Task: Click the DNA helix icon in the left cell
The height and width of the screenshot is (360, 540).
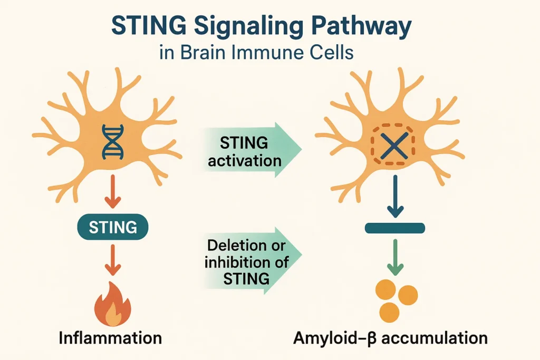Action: tap(113, 141)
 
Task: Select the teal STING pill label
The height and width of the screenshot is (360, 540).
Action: tap(113, 227)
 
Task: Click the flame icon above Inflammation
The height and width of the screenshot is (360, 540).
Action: tap(113, 304)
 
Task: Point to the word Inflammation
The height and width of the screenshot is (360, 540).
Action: tap(110, 338)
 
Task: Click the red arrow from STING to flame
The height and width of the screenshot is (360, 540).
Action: tap(113, 260)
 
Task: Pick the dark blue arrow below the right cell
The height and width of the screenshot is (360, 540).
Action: tap(395, 196)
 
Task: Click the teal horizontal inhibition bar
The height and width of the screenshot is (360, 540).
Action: tap(395, 228)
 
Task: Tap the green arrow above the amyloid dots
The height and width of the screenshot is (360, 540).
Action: tap(395, 257)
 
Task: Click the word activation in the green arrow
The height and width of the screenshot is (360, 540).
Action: tap(245, 161)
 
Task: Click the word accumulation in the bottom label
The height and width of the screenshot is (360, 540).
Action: tap(435, 338)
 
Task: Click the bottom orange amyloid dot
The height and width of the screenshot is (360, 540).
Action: tap(389, 313)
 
